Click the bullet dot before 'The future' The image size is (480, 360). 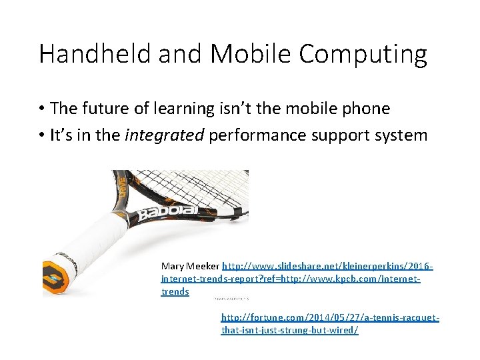[41, 109]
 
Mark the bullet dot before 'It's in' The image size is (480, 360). [41, 135]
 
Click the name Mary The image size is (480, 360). [173, 266]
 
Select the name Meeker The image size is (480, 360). [203, 266]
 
